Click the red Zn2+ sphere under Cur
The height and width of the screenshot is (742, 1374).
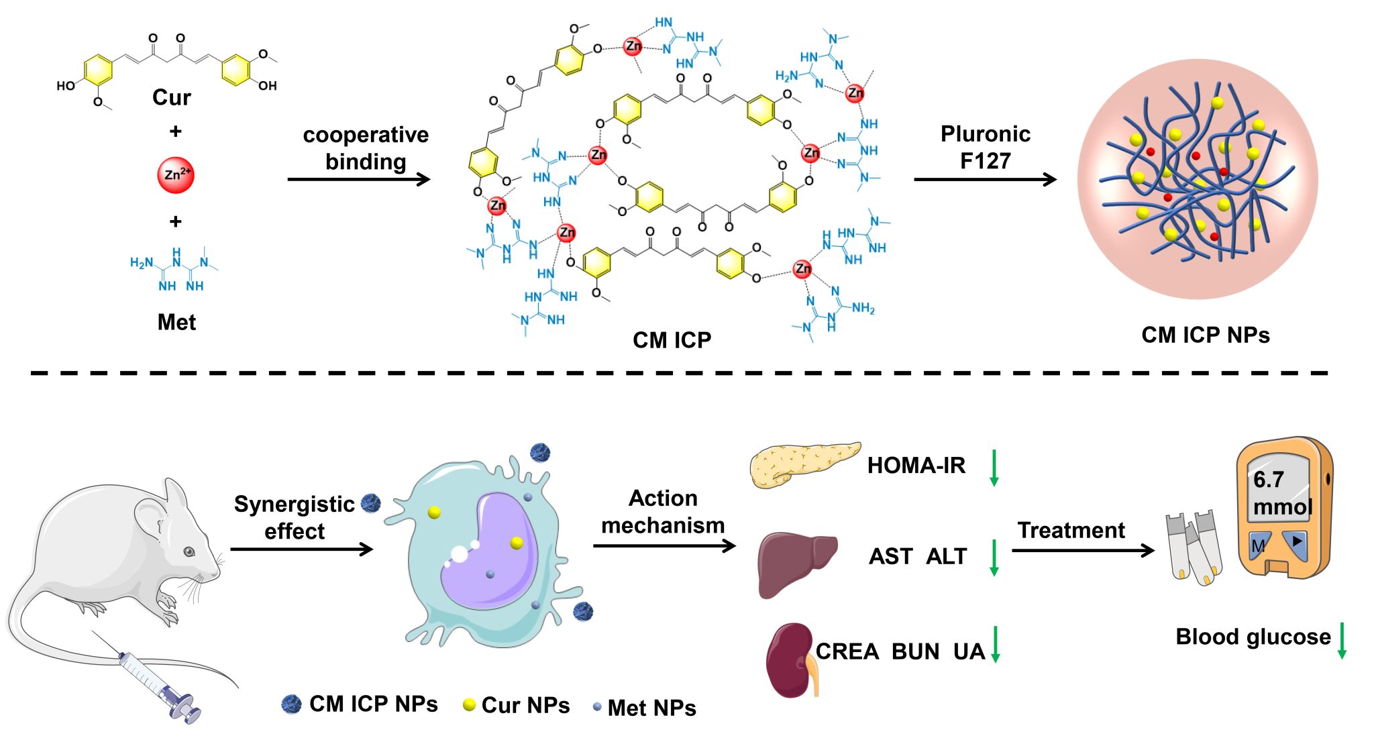175,175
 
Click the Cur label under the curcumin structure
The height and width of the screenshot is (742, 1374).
172,98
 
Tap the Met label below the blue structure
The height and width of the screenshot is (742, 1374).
176,323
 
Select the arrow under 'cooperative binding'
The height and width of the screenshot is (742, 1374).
359,179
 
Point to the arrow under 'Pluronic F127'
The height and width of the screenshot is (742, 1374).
985,179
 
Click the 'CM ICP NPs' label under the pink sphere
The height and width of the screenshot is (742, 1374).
1206,335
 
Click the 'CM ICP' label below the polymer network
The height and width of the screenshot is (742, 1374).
672,340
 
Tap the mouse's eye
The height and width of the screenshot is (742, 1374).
189,551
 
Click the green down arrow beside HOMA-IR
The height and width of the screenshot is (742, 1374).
994,468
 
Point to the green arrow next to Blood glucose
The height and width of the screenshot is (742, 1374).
1342,640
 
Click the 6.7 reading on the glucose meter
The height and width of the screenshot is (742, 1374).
1268,480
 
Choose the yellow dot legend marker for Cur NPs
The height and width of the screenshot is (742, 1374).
470,704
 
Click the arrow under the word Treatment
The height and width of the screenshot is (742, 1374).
1082,551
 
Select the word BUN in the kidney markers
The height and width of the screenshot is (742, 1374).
915,651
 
